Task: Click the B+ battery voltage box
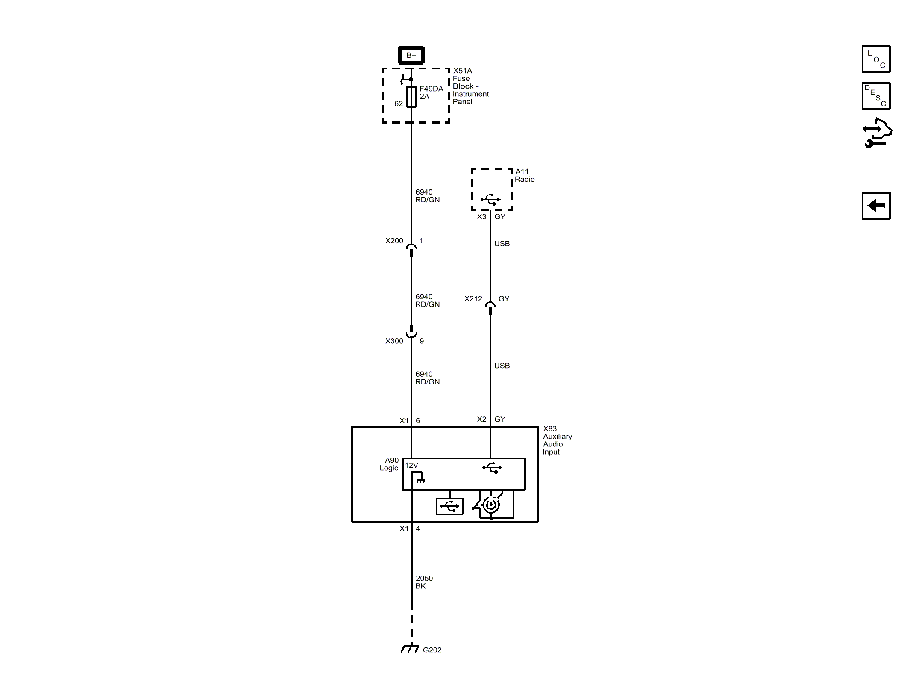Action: click(411, 55)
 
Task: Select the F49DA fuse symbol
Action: click(411, 97)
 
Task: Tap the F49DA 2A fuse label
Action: click(431, 92)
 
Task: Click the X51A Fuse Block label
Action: click(471, 86)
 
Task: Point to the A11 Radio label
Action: click(525, 175)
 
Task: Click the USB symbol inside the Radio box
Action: click(490, 199)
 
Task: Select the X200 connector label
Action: click(394, 241)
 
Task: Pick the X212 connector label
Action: click(473, 299)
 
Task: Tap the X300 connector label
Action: click(394, 341)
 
